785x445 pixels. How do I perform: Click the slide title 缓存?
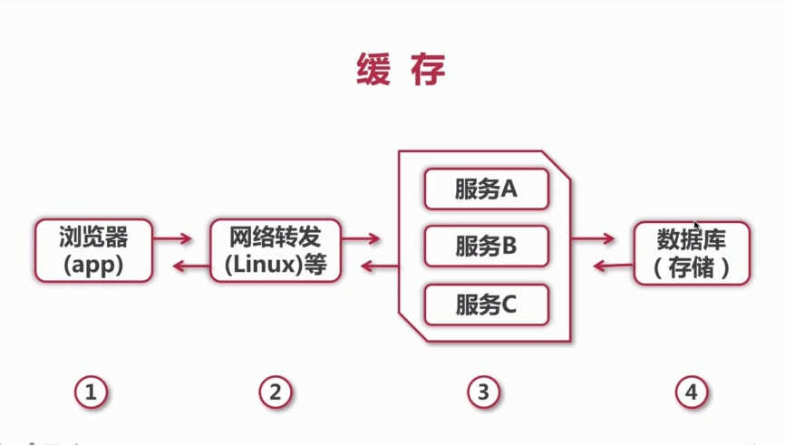coord(400,69)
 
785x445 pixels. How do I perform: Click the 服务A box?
coord(487,189)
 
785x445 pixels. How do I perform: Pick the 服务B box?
coord(487,247)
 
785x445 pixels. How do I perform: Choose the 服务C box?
coord(487,305)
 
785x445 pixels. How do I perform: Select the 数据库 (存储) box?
coord(692,253)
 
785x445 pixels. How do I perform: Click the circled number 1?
coord(92,392)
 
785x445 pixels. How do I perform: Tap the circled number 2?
coord(276,392)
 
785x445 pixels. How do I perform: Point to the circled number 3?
coord(483,392)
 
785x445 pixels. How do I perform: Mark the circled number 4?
coord(691,392)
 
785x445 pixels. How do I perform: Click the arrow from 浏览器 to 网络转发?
coord(173,239)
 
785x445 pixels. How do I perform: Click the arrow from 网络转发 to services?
coord(361,239)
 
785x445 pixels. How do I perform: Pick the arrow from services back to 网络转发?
coord(379,266)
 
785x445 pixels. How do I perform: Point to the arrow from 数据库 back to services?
coord(612,266)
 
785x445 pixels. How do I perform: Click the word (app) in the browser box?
coord(93,266)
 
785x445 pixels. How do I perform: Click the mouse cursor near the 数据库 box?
coord(695,224)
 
